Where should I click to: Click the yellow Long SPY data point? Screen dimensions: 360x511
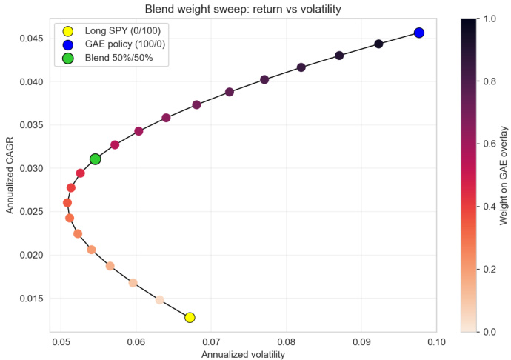click(190, 317)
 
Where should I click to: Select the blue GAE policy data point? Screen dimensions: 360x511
click(419, 33)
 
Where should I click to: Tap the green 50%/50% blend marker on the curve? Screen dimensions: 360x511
click(95, 159)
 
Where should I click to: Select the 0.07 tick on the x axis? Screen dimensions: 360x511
click(211, 343)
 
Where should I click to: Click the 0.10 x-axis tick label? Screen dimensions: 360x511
click(436, 343)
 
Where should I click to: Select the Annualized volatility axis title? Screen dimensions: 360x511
click(243, 355)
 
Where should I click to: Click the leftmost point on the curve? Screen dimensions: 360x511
click(67, 202)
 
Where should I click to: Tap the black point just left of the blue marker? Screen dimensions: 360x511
click(378, 44)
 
